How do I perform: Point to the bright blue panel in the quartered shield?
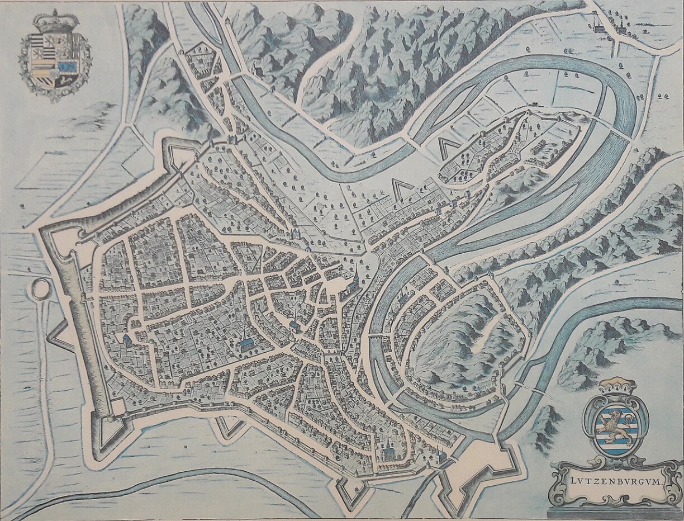point(69,68)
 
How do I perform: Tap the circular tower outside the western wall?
point(40,290)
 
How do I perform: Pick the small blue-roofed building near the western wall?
point(127,339)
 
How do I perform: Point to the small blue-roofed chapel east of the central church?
point(294,325)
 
